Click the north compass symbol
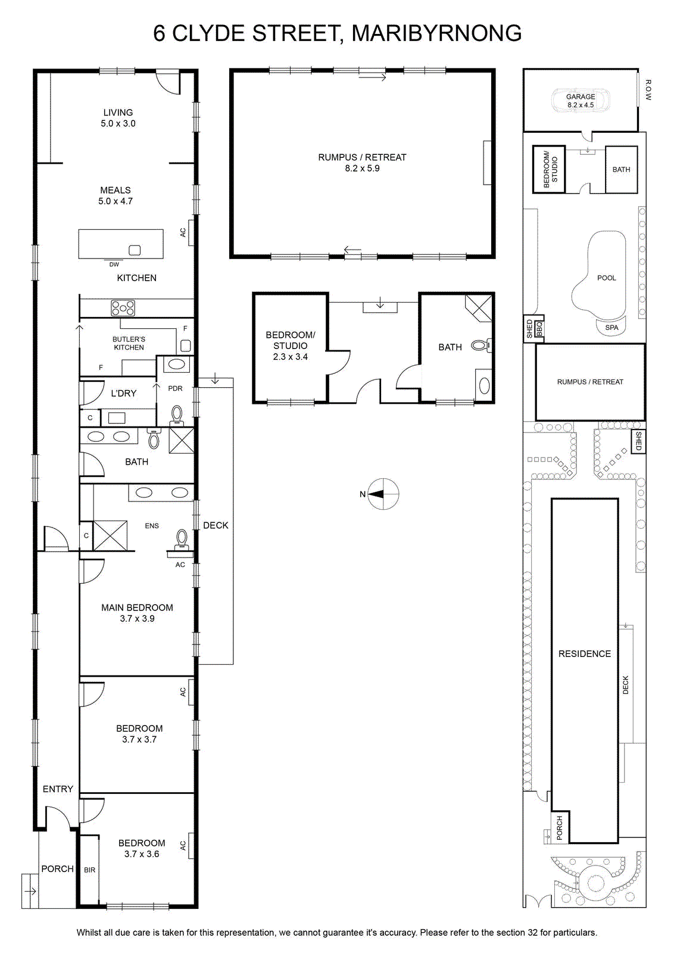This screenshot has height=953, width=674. [x=383, y=494]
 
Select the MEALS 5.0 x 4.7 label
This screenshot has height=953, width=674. [x=116, y=196]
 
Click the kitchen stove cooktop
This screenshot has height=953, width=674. [x=123, y=307]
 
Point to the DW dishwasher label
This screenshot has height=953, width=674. [x=114, y=264]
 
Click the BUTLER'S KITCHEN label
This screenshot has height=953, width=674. [x=129, y=343]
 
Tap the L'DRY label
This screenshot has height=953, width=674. [x=124, y=393]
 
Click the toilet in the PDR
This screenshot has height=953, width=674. [x=176, y=415]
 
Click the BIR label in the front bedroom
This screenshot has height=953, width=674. [x=90, y=870]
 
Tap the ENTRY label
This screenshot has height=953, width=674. [x=58, y=789]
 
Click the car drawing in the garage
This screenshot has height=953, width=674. [x=581, y=101]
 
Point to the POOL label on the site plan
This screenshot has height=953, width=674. [x=607, y=278]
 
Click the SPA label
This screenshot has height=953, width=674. [x=612, y=328]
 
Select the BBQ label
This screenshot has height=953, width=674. [x=539, y=329]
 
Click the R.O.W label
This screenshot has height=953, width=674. [x=648, y=90]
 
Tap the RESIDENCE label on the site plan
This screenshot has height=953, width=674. [x=585, y=654]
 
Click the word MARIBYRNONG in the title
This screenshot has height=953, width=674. [x=437, y=33]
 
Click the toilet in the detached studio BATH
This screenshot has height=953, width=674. [x=482, y=345]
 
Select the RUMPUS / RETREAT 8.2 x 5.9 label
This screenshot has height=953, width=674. [x=362, y=163]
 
